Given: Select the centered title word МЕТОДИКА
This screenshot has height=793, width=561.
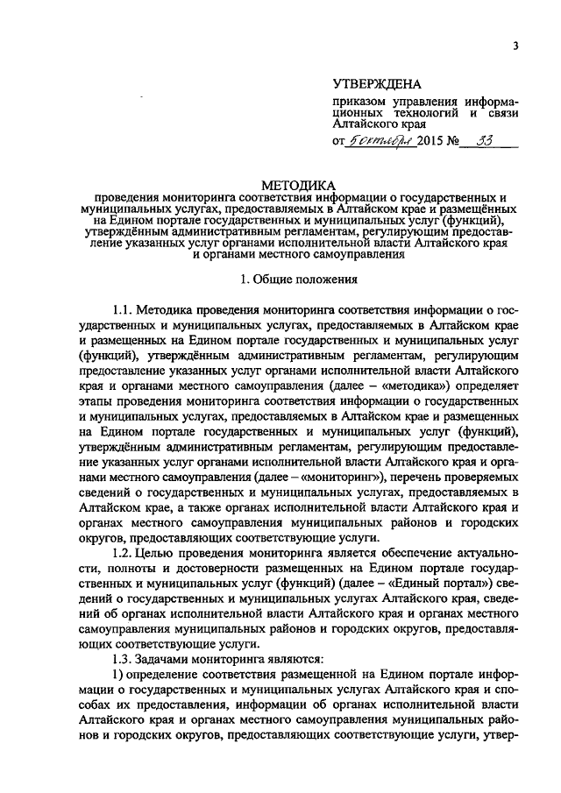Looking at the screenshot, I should point(298,186).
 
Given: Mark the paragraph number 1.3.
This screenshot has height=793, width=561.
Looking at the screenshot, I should point(128,658).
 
